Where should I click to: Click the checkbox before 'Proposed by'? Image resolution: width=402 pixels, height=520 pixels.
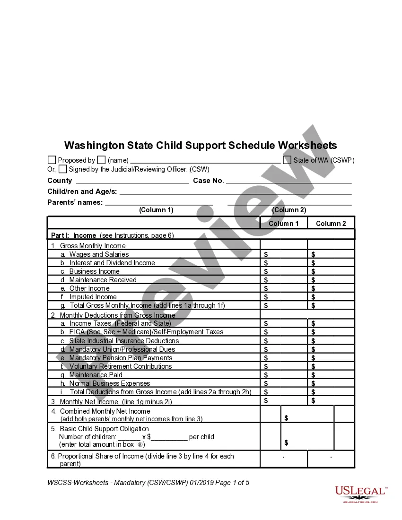click(52, 160)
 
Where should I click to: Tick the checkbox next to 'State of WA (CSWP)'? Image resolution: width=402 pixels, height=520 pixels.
click(287, 160)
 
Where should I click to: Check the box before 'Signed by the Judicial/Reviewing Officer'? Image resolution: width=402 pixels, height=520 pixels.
click(63, 169)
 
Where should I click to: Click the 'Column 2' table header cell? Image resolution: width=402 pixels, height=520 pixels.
click(331, 224)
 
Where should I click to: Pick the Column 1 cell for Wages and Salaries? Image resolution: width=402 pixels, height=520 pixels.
click(284, 254)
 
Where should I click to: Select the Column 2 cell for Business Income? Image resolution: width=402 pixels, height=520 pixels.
click(331, 271)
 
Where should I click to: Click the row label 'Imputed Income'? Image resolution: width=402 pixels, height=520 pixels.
click(93, 297)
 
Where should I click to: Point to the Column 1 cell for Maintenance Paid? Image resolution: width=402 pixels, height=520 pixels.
click(284, 375)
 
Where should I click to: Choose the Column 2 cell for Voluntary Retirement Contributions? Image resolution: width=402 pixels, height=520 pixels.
click(331, 366)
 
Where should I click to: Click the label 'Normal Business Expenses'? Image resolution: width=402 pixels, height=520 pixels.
click(110, 383)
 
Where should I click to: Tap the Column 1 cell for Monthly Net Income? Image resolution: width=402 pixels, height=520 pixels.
click(284, 401)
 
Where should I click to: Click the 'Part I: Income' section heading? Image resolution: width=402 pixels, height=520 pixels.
click(74, 235)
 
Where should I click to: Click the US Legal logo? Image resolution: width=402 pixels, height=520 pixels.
click(360, 494)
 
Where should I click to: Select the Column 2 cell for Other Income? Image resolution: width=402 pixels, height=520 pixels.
click(331, 288)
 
